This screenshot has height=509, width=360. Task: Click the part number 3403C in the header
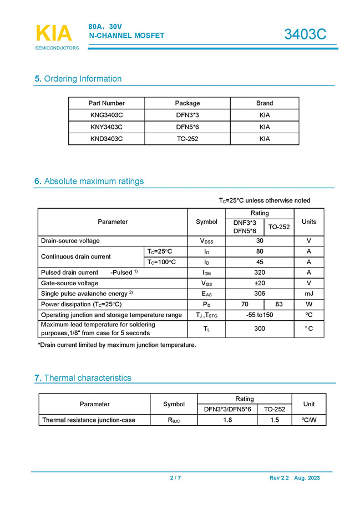pyautogui.click(x=305, y=34)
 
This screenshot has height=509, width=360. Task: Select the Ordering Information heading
pyautogui.click(x=78, y=79)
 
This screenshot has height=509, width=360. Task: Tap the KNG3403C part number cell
pyautogui.click(x=107, y=115)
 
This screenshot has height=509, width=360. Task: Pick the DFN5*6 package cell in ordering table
pyautogui.click(x=187, y=127)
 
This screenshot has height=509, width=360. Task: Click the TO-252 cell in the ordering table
pyautogui.click(x=187, y=139)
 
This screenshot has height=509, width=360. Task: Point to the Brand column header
pyautogui.click(x=265, y=103)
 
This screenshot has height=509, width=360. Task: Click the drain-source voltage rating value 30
pyautogui.click(x=260, y=241)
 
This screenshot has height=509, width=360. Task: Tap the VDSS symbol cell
pyautogui.click(x=207, y=241)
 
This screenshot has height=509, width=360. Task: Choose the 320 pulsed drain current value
pyautogui.click(x=260, y=273)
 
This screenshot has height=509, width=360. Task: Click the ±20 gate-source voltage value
pyautogui.click(x=260, y=283)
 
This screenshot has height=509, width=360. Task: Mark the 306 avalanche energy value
pyautogui.click(x=260, y=294)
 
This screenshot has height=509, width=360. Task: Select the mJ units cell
pyautogui.click(x=309, y=294)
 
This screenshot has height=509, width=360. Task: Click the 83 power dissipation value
pyautogui.click(x=279, y=304)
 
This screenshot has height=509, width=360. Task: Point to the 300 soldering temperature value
pyautogui.click(x=260, y=329)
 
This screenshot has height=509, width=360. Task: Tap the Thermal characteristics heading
pyautogui.click(x=84, y=378)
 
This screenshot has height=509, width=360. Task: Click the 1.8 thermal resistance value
pyautogui.click(x=227, y=420)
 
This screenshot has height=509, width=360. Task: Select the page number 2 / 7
pyautogui.click(x=175, y=478)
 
